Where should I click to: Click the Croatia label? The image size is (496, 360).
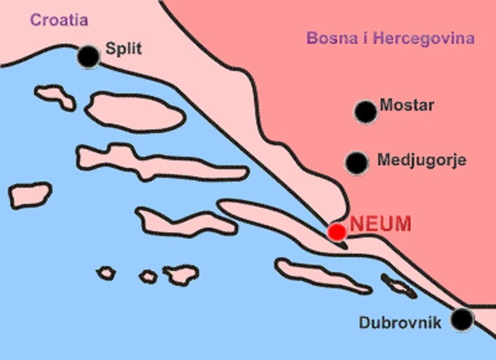click(x=59, y=20)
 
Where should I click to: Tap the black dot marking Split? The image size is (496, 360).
click(x=89, y=56)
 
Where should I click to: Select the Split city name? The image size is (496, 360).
click(x=123, y=48)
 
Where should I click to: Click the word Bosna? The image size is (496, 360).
click(x=329, y=39)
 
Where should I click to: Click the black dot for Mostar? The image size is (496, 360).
click(x=366, y=111)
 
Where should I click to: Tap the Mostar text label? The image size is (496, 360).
click(x=407, y=106)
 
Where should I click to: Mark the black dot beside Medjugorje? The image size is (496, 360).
click(x=357, y=163)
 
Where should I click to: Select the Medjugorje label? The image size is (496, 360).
click(x=421, y=160)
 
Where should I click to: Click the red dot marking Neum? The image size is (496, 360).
click(x=337, y=232)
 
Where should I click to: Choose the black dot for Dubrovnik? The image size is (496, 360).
click(x=463, y=319)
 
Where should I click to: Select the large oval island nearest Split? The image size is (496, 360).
click(x=135, y=112)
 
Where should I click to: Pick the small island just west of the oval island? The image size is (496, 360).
click(x=55, y=97)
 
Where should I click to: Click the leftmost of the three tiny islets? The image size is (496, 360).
click(x=106, y=272)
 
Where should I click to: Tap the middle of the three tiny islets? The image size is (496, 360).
click(x=148, y=277)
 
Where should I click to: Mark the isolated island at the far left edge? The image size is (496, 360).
click(x=30, y=195)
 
